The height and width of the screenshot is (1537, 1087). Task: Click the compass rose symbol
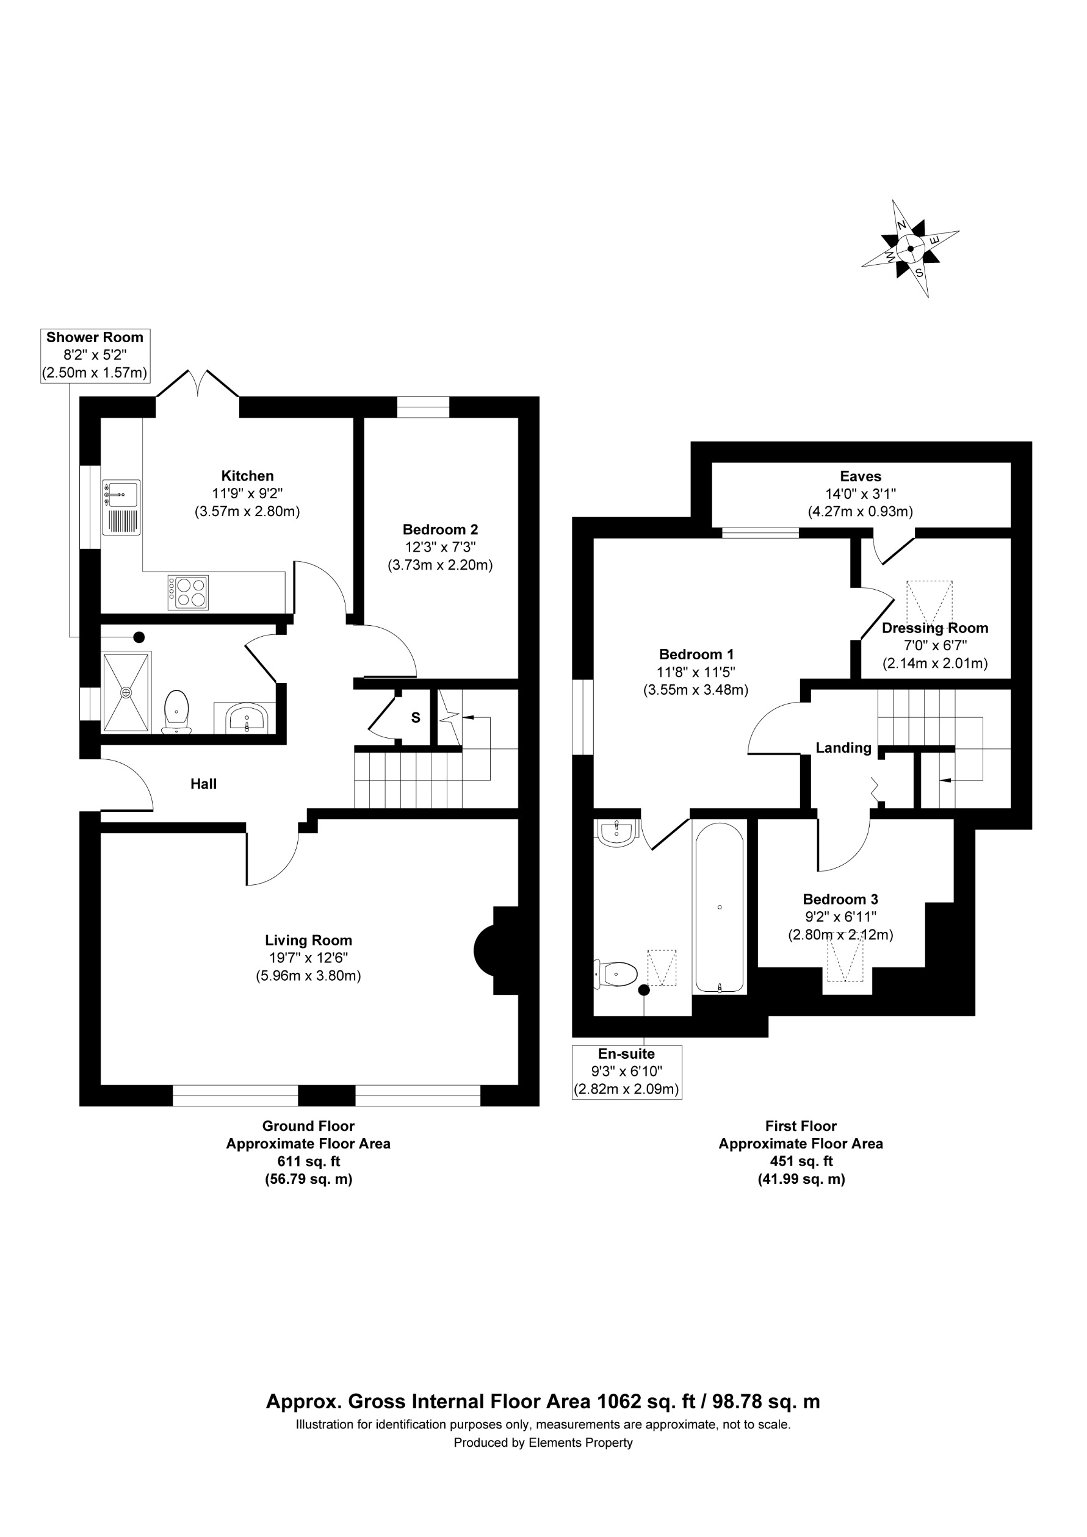[910, 248]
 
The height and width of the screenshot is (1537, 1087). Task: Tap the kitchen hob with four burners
[188, 592]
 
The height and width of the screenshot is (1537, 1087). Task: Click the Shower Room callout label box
[95, 356]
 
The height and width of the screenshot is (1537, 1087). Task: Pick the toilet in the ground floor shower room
[177, 711]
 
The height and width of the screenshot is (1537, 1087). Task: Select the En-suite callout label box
[627, 1072]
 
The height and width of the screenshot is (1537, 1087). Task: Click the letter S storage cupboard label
[415, 718]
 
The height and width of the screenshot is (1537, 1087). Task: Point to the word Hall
[204, 784]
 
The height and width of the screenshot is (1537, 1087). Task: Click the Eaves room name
[861, 476]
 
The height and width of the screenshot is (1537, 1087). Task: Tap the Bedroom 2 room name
[440, 529]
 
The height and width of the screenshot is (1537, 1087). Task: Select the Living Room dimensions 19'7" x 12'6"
[308, 958]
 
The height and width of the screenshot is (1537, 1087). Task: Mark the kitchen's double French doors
[198, 385]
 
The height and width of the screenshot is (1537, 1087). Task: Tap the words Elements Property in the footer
[580, 1442]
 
